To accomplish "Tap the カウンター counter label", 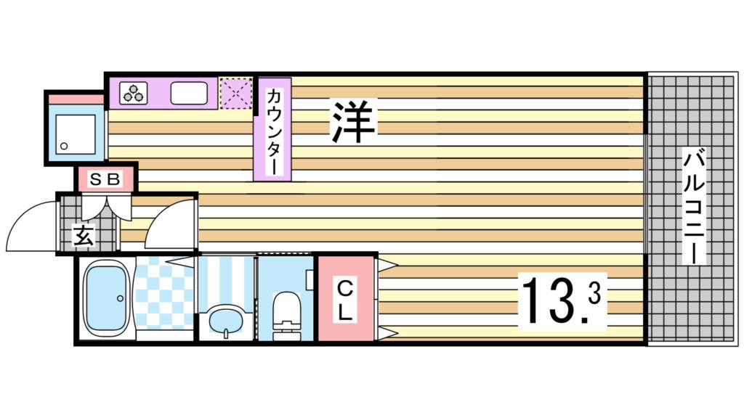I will pyautogui.click(x=272, y=131).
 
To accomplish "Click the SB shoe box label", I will pyautogui.click(x=106, y=179).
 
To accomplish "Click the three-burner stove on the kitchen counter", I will pyautogui.click(x=133, y=93).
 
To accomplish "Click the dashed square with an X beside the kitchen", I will pyautogui.click(x=235, y=93).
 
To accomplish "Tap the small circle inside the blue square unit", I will pyautogui.click(x=65, y=146).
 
